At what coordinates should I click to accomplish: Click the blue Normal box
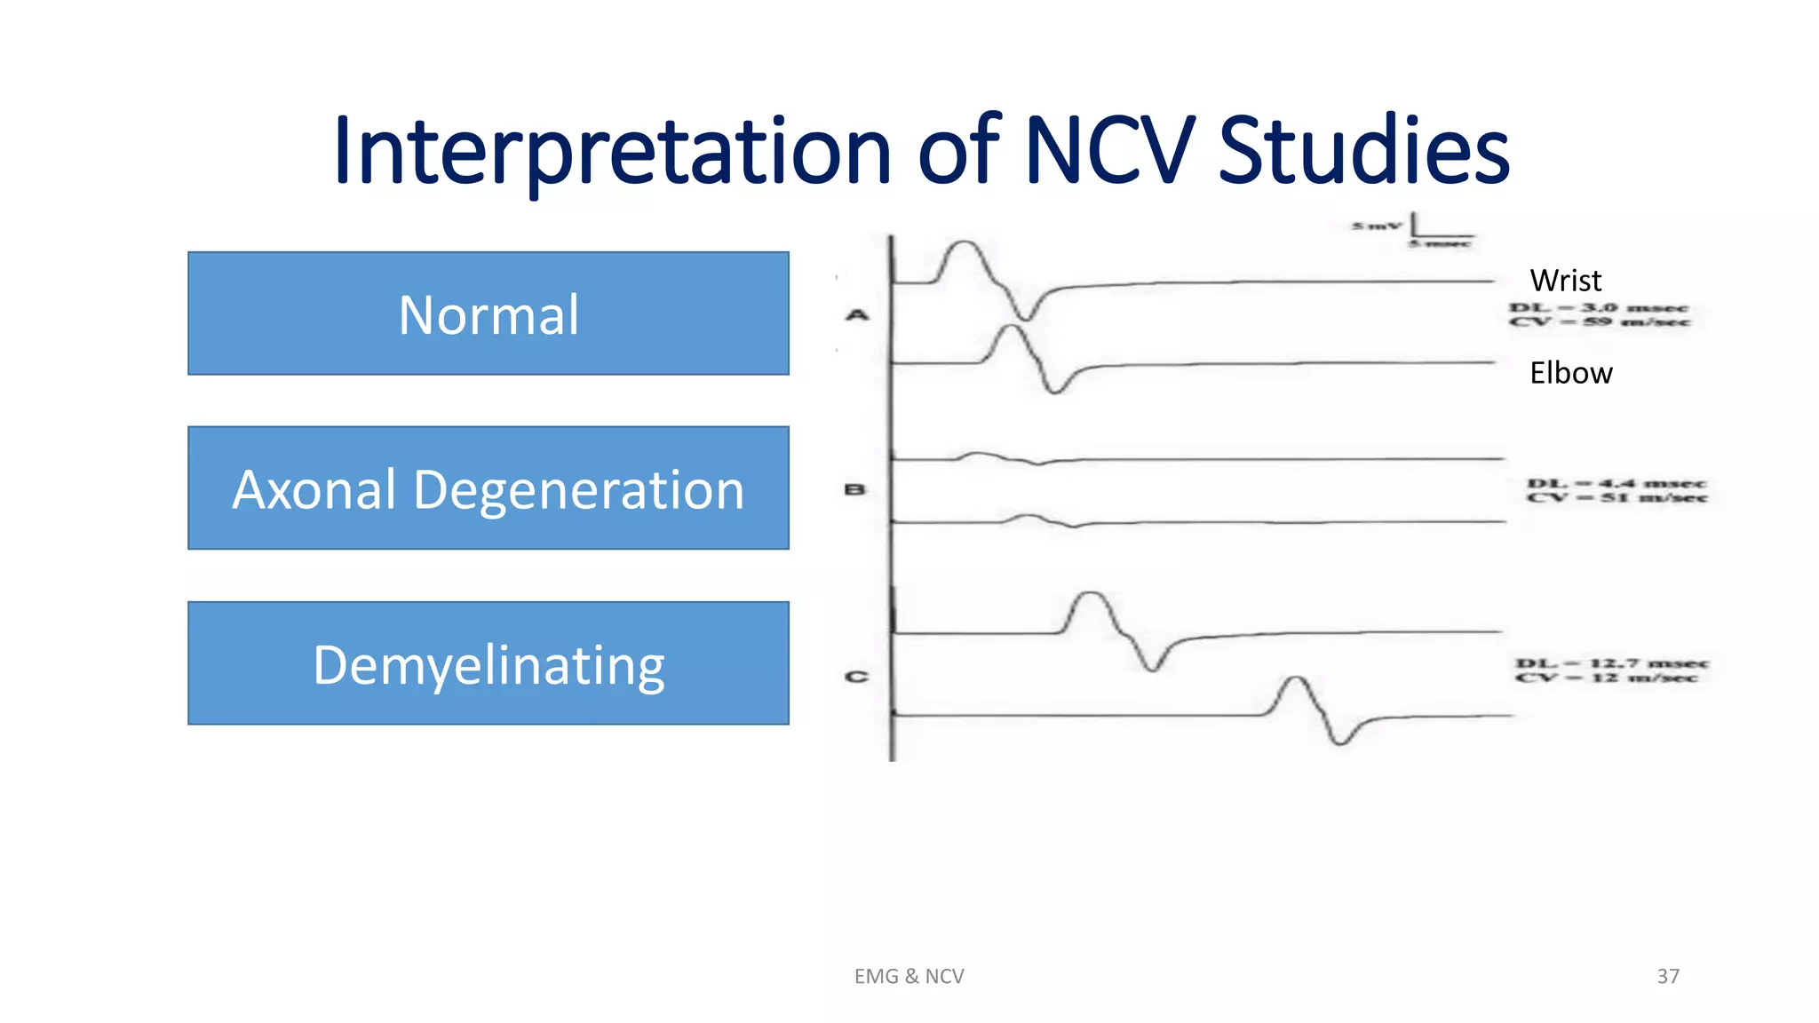pos(489,313)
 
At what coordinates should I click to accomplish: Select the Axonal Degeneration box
pos(489,488)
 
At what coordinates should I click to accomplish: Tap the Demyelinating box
pos(489,663)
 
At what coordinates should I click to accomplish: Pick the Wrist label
pos(1565,281)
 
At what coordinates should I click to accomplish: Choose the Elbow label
pos(1570,373)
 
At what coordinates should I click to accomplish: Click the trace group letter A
pos(857,314)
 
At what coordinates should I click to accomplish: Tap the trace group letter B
pos(854,489)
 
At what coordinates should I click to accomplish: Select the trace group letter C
pos(856,677)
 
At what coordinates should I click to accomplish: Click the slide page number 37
pos(1668,976)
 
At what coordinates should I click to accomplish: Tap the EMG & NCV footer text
pos(909,976)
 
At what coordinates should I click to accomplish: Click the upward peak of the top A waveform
pos(963,242)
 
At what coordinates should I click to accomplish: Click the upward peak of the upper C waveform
pos(1091,593)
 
